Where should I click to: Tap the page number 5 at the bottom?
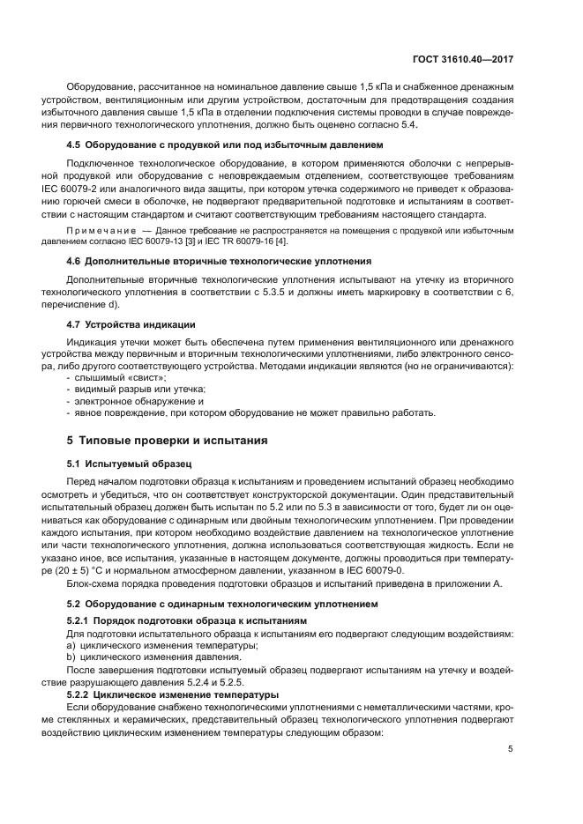(511, 749)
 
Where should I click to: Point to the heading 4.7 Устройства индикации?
(131, 324)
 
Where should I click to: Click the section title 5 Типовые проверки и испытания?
(167, 440)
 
